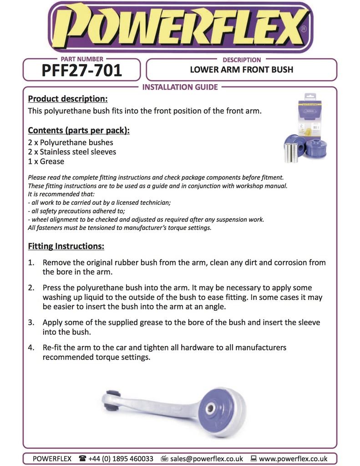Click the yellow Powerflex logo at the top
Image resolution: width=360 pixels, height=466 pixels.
pyautogui.click(x=180, y=26)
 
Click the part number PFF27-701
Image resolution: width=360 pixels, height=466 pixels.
pyautogui.click(x=81, y=71)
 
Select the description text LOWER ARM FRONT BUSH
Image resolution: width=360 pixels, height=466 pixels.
pyautogui.click(x=241, y=70)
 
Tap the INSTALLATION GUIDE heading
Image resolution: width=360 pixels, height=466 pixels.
pyautogui.click(x=180, y=87)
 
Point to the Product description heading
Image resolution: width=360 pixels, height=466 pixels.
pyautogui.click(x=68, y=99)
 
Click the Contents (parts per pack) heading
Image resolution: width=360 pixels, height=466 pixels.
pyautogui.click(x=79, y=131)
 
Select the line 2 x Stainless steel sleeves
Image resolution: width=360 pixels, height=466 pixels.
pyautogui.click(x=72, y=152)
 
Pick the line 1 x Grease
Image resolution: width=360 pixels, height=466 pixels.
pyautogui.click(x=46, y=162)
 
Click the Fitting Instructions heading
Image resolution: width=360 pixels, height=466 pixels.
pyautogui.click(x=66, y=246)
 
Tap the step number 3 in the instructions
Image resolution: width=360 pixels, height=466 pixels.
pyautogui.click(x=31, y=322)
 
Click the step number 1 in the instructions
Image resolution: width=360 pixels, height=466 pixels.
pyautogui.click(x=31, y=263)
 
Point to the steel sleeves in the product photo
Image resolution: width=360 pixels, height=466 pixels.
pyautogui.click(x=291, y=152)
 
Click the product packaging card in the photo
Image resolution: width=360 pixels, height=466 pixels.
pyautogui.click(x=309, y=116)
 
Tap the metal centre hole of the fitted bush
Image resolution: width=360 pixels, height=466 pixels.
pyautogui.click(x=210, y=408)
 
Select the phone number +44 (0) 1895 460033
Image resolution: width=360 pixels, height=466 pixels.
pyautogui.click(x=121, y=459)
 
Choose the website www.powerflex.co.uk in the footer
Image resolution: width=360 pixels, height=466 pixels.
pyautogui.click(x=293, y=459)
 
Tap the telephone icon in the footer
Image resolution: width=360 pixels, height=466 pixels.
pyautogui.click(x=82, y=459)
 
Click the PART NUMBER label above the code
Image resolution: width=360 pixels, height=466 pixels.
pyautogui.click(x=81, y=59)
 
